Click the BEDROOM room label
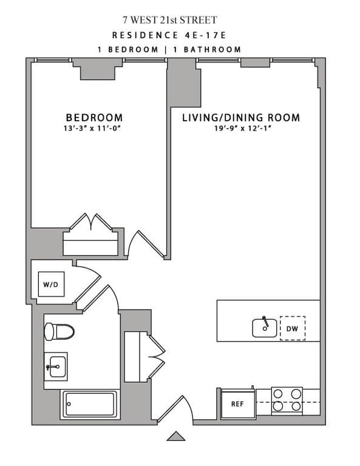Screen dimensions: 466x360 click(x=94, y=117)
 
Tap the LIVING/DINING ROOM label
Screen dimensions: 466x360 click(x=241, y=117)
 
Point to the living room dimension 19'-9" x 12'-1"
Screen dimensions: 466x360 click(x=241, y=128)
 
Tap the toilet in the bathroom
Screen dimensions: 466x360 click(x=59, y=331)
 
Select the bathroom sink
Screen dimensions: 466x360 click(x=56, y=366)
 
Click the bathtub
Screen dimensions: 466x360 click(x=89, y=404)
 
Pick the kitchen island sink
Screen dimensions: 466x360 click(x=265, y=328)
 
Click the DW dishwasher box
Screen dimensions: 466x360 click(x=292, y=328)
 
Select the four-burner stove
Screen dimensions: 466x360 click(x=287, y=400)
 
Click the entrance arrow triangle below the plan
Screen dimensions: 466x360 click(x=175, y=436)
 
